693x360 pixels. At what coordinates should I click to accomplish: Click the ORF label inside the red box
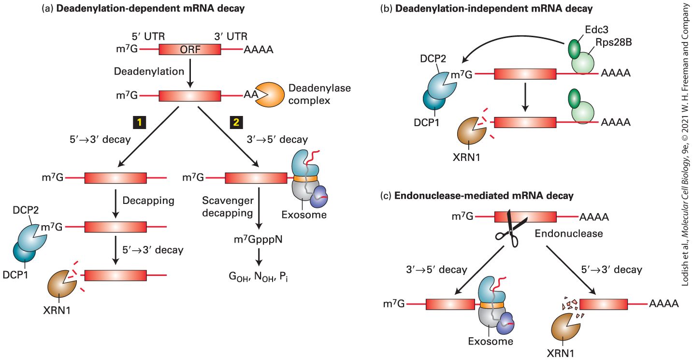[190, 49]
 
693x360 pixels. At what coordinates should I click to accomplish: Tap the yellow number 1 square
[139, 122]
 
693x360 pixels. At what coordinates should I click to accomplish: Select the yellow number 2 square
[236, 122]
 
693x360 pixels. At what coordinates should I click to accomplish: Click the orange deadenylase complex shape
[269, 95]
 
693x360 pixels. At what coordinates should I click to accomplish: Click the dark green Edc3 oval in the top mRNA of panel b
[575, 49]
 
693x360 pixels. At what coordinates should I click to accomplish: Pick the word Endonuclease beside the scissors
[569, 233]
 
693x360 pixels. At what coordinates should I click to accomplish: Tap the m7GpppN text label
[258, 239]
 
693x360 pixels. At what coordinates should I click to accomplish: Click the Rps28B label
[613, 42]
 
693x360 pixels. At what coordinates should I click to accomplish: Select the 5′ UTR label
[148, 37]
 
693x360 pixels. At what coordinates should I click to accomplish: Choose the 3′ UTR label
[231, 37]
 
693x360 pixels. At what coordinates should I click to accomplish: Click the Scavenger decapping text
[228, 207]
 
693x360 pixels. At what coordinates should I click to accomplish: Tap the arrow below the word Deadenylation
[190, 73]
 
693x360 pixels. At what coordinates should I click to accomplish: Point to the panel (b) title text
[486, 8]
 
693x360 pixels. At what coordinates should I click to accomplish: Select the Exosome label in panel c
[491, 341]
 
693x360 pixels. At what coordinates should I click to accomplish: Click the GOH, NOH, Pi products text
[259, 276]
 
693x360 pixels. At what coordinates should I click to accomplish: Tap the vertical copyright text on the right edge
[686, 145]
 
